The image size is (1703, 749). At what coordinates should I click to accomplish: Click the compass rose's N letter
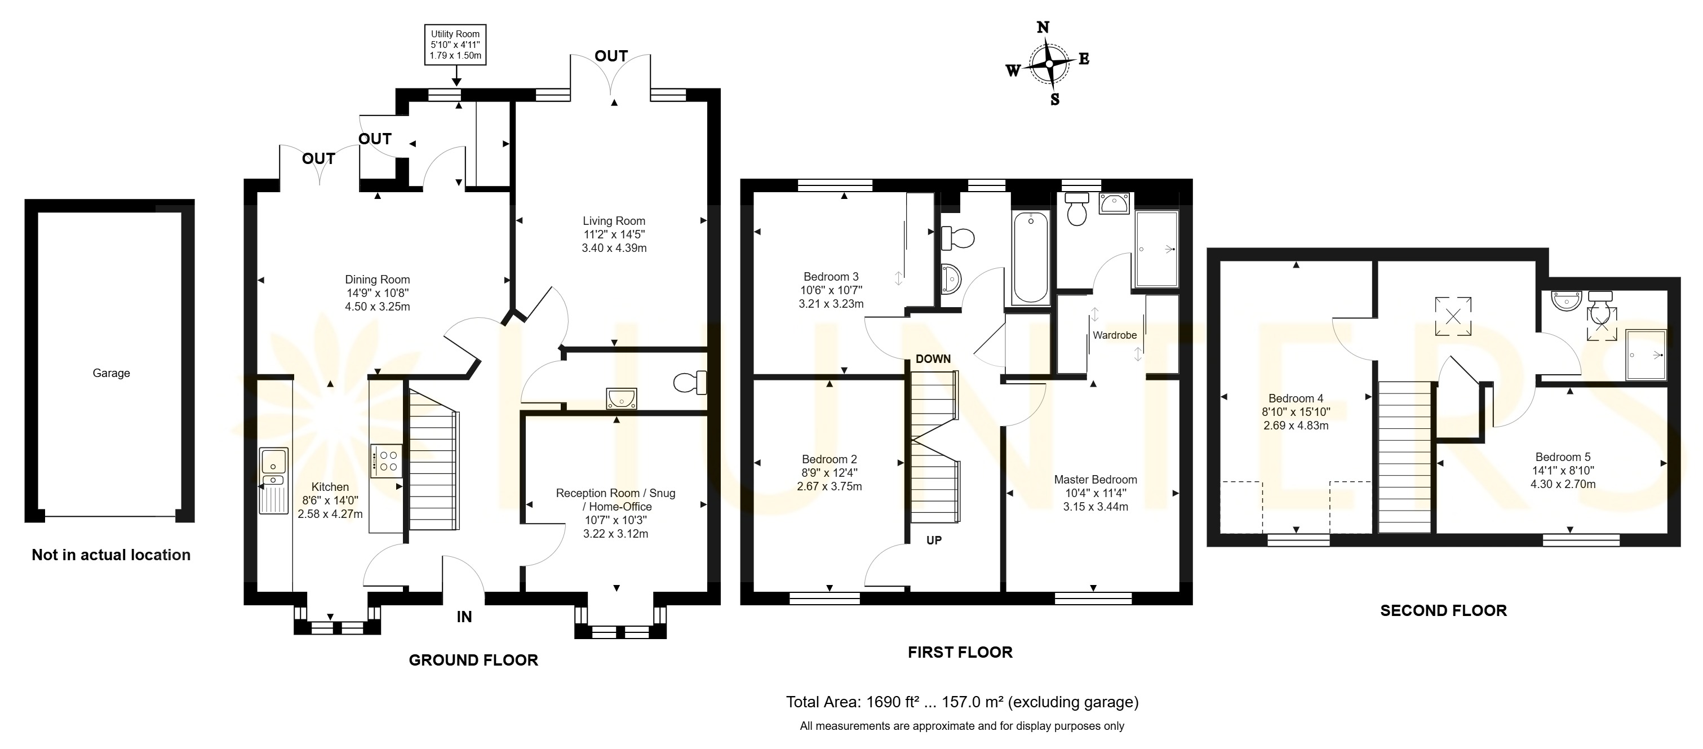[1043, 27]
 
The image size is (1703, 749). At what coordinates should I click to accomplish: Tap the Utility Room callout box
[455, 45]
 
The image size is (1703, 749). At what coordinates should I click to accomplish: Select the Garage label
[111, 373]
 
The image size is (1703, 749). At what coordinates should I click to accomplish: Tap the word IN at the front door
[464, 617]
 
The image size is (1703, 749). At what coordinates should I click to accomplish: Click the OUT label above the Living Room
[611, 56]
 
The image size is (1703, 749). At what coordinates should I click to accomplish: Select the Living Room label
[614, 221]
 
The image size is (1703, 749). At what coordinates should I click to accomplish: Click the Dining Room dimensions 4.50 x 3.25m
[378, 307]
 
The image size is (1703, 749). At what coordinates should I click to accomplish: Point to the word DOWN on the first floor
[933, 359]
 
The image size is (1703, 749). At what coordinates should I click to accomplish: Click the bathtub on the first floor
[1031, 257]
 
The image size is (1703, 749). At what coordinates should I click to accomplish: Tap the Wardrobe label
[1115, 335]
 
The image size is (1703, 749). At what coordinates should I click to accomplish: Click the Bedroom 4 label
[1296, 398]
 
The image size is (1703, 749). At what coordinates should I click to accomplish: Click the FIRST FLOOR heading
[960, 653]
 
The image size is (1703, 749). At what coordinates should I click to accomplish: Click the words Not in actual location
[111, 555]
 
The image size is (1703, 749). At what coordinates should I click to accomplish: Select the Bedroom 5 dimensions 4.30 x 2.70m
[1563, 484]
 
